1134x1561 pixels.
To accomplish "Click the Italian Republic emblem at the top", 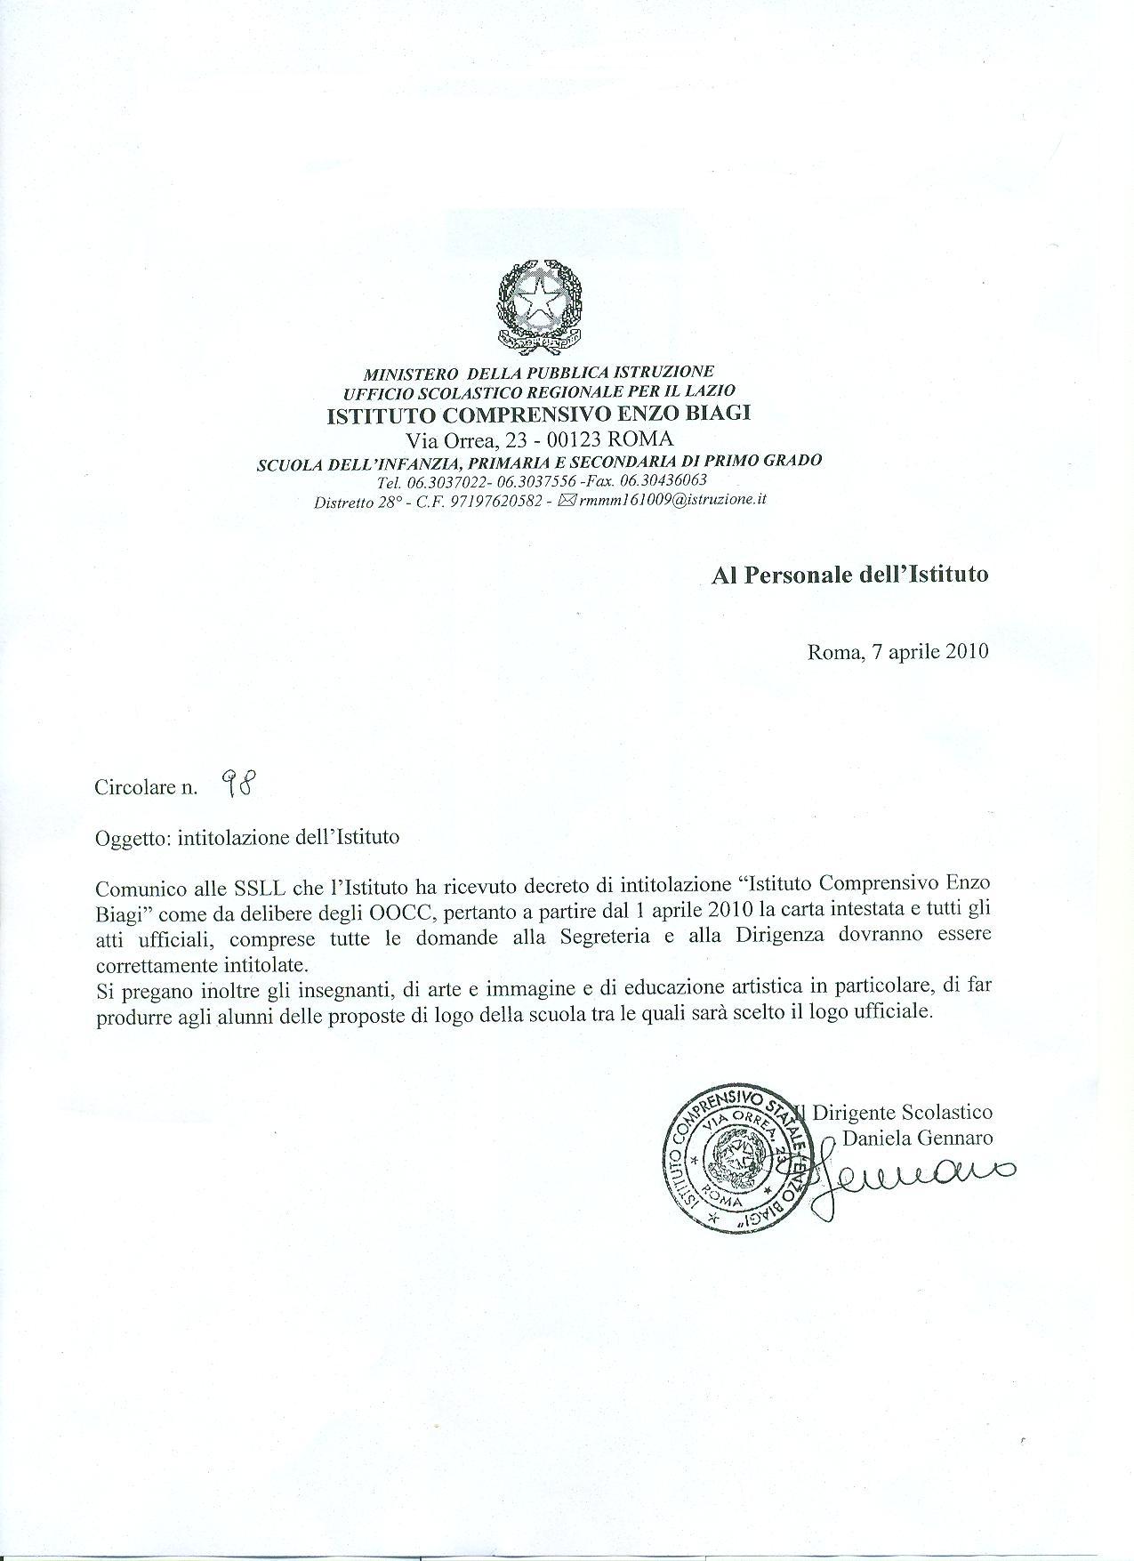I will (x=540, y=306).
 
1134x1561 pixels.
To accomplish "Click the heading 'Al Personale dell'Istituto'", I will (x=849, y=575).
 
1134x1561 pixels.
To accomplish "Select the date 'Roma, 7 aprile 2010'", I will (x=897, y=652).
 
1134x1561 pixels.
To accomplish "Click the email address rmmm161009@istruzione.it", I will (x=672, y=500).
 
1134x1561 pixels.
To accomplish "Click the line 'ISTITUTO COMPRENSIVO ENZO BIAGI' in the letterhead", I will (x=540, y=414).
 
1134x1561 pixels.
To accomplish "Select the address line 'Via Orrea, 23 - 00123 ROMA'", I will (x=540, y=438).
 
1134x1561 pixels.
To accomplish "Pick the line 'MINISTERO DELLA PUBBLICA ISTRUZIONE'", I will (x=540, y=372).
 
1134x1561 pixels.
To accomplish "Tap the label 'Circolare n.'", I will (x=146, y=788).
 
